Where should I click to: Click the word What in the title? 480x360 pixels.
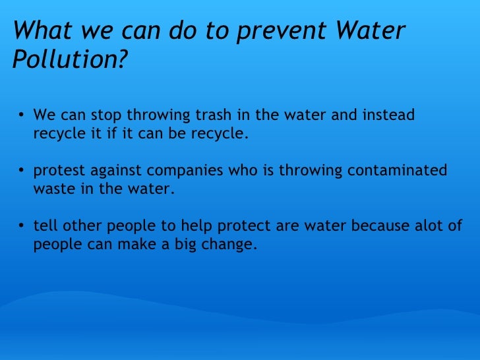(40, 31)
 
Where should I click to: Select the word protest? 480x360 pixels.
(58, 171)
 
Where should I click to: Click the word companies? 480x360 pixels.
(187, 171)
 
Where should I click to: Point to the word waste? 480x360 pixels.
(51, 189)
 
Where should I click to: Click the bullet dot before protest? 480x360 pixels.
(22, 172)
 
